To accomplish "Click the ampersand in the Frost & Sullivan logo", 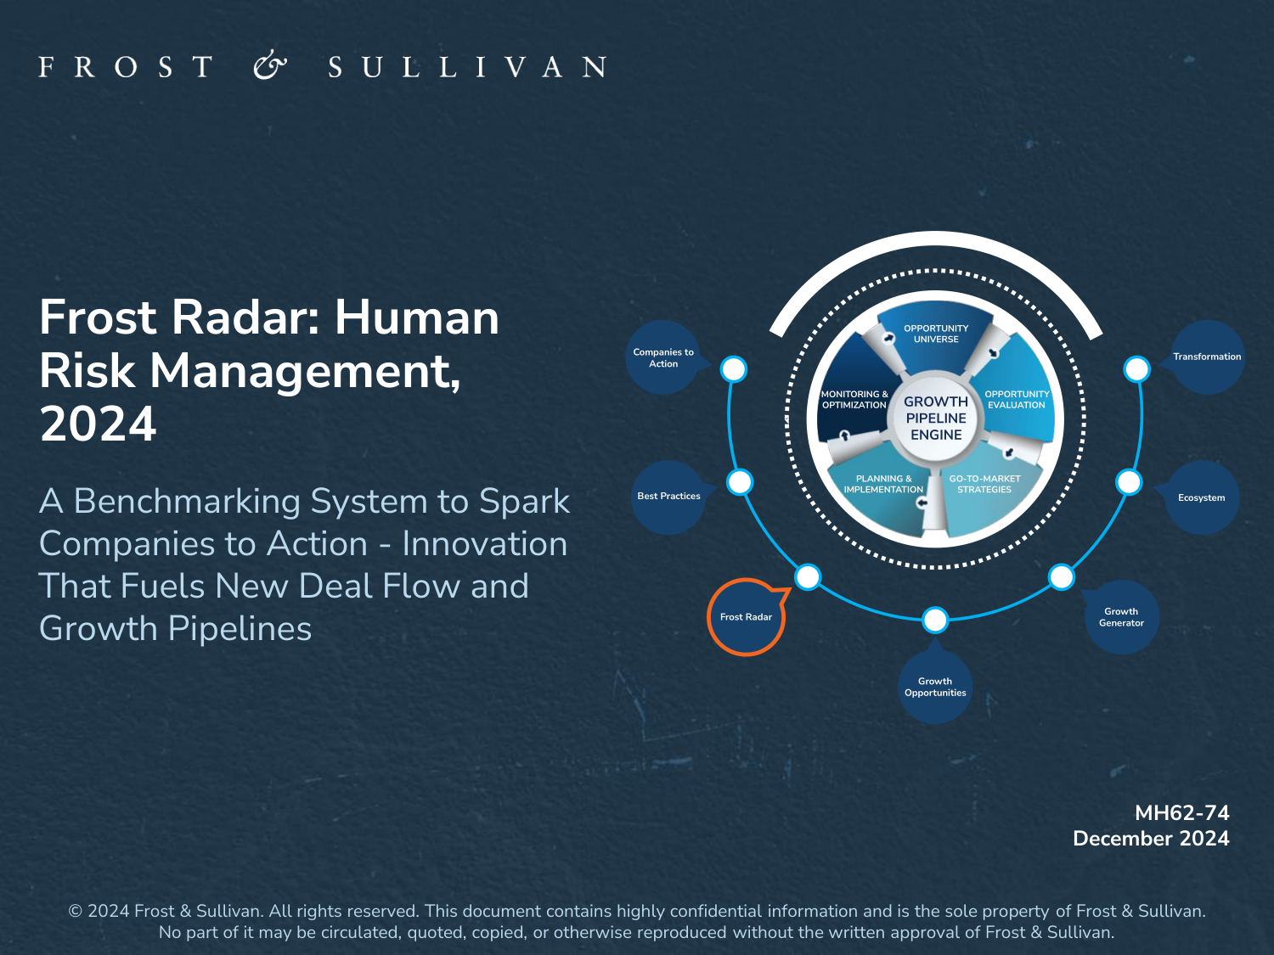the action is (x=270, y=65).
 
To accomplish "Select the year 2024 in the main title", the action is (x=98, y=424).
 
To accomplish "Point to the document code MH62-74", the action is (x=1181, y=813).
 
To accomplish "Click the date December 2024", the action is (x=1151, y=839).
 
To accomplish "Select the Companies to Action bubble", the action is (x=663, y=357).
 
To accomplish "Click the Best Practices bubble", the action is (x=668, y=497).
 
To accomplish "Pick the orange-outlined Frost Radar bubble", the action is (x=747, y=617).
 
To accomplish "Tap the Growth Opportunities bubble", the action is (x=935, y=687).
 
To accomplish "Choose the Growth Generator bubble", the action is (x=1121, y=617).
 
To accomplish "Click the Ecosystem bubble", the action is (x=1201, y=497).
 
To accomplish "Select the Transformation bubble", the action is (x=1206, y=357).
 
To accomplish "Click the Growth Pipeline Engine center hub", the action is (x=936, y=418).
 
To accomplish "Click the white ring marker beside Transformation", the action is (x=1136, y=369).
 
